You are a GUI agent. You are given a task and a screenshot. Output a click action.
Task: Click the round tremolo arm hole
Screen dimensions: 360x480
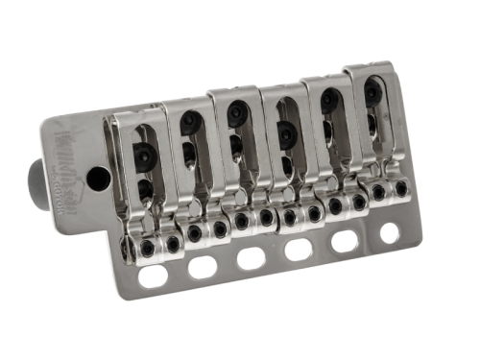[x=98, y=178]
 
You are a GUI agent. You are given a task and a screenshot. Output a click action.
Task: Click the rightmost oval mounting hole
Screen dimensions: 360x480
[x=389, y=231]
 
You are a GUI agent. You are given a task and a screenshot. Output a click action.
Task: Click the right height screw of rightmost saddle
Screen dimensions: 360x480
[x=400, y=188]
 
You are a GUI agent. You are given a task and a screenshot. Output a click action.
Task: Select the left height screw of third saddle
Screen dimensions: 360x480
[x=242, y=221]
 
